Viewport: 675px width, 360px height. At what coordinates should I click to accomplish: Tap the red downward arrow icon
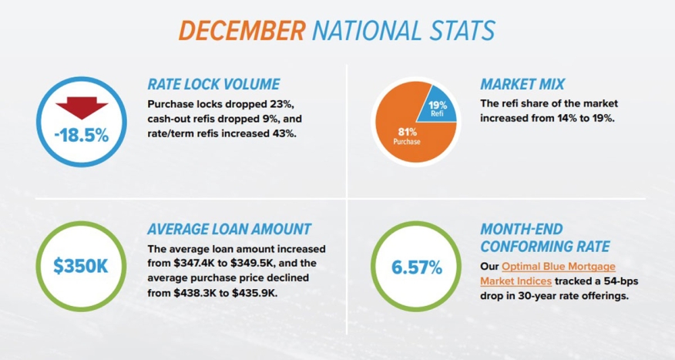point(82,107)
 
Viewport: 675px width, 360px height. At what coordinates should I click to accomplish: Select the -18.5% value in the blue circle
point(82,136)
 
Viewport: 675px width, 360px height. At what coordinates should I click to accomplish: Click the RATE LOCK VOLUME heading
point(213,84)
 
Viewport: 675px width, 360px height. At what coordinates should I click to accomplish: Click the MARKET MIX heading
point(522,84)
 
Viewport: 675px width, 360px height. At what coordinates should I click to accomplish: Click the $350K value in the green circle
point(82,267)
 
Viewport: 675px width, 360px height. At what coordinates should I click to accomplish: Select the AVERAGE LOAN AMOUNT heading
point(229,229)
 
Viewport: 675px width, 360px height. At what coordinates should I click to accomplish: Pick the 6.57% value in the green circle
point(417,267)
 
